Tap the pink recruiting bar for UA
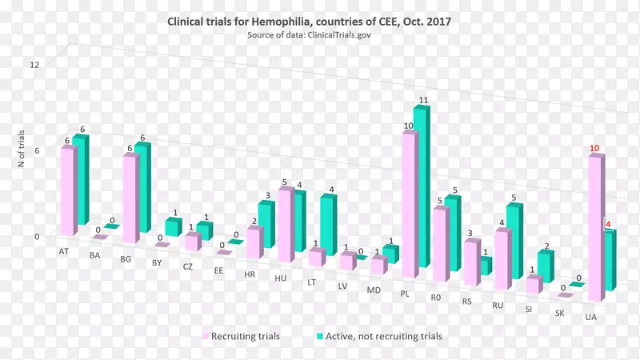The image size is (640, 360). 594,228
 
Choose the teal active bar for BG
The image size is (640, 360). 142,188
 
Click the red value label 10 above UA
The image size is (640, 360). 594,149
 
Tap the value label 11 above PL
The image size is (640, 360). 424,100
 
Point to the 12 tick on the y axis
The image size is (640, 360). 34,64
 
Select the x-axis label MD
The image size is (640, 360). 374,290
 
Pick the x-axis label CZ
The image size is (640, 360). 187,266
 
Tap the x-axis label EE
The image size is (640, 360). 218,270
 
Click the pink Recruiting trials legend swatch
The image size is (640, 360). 205,336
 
